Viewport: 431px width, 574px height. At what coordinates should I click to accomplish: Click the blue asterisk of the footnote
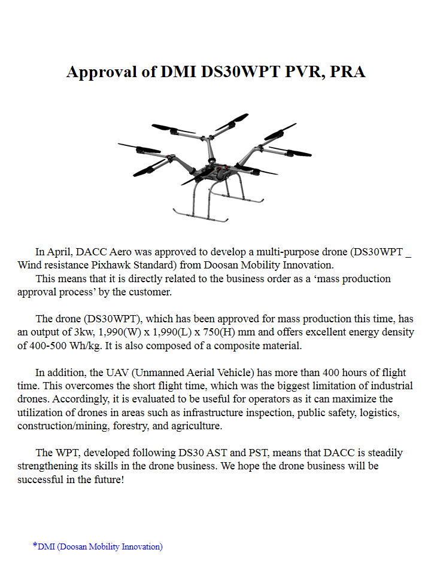point(35,545)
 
